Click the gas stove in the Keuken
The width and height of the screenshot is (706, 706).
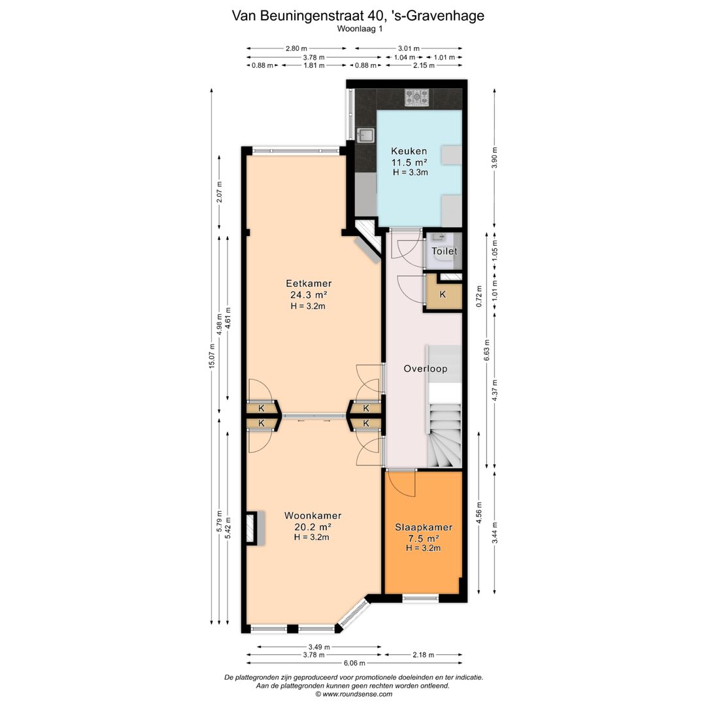[416, 97]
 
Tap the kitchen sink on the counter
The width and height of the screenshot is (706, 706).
[365, 135]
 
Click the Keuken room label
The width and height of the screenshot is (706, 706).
[409, 151]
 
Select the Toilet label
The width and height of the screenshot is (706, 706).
[445, 251]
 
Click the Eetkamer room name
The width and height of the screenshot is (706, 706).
[309, 284]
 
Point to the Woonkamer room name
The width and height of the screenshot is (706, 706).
[312, 516]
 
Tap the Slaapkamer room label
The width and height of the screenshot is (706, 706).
[424, 528]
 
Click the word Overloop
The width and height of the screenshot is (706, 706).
[426, 369]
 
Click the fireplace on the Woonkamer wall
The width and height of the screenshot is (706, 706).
[254, 528]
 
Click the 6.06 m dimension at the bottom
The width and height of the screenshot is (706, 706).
[354, 663]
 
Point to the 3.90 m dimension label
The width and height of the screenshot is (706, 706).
[494, 158]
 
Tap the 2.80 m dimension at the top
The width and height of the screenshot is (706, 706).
[296, 48]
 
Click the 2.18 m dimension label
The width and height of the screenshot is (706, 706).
[423, 654]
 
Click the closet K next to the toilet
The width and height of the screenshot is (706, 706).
[443, 294]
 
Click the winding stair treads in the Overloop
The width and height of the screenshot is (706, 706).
[445, 435]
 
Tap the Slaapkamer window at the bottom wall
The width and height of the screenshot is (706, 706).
[420, 598]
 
